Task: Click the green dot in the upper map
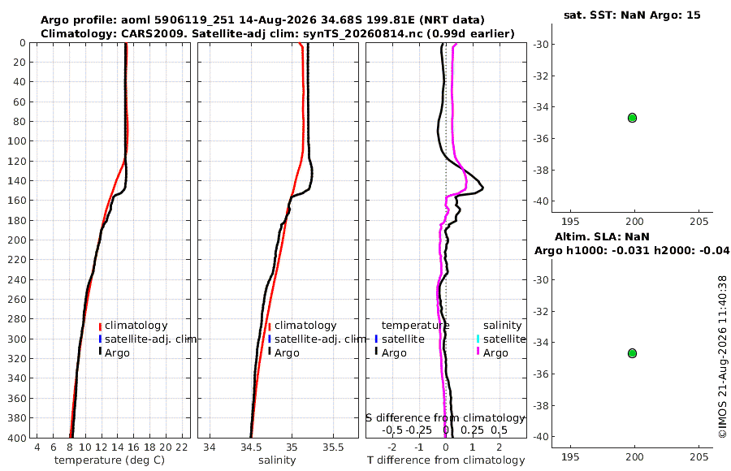tap(632, 118)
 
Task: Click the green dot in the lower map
tap(632, 353)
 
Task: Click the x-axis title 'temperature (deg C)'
tap(110, 460)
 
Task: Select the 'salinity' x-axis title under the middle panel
tap(277, 460)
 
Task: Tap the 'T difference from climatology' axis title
tap(446, 460)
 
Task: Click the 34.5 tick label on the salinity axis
tap(251, 447)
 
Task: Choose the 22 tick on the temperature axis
tap(182, 447)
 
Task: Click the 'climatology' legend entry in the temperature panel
tap(133, 326)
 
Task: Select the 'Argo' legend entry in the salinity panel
tap(283, 353)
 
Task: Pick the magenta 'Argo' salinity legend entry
tap(492, 353)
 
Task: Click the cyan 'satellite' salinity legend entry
tap(501, 339)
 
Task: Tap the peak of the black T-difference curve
tap(483, 188)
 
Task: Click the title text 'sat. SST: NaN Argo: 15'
tap(632, 15)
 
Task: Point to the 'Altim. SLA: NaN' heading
tap(602, 237)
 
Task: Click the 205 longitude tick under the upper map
tap(699, 222)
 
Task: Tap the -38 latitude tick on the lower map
tap(541, 405)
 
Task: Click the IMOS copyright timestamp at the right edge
tap(723, 356)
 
